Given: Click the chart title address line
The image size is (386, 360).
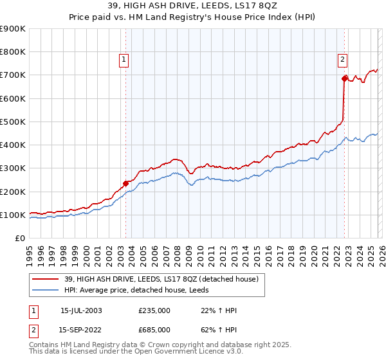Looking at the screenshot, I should (192, 6).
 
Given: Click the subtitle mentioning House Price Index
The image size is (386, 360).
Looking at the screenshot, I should (192, 17).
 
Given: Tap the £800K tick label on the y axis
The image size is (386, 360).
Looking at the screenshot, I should (12, 52).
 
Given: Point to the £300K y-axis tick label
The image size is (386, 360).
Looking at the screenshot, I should (12, 168).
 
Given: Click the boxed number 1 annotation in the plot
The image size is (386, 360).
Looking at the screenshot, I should (123, 60).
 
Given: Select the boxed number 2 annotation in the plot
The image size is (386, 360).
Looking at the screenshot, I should (342, 60).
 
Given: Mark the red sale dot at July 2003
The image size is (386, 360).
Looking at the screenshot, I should (125, 183).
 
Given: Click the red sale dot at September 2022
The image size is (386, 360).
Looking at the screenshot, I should (344, 78).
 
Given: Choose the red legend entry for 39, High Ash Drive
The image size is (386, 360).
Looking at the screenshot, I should (161, 279).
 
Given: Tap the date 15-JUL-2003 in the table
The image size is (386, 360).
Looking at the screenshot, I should (81, 310).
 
